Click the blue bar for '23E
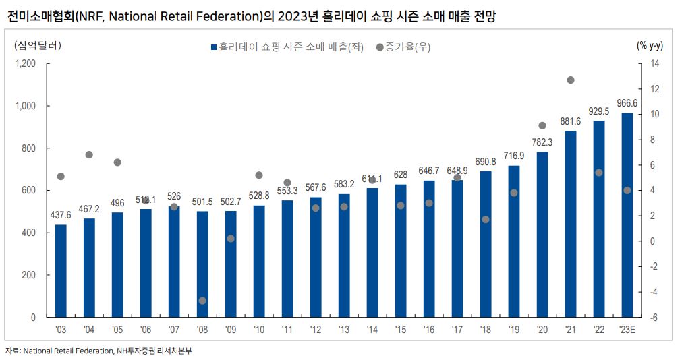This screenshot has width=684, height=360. coord(627,215)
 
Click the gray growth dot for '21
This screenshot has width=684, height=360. coord(570,80)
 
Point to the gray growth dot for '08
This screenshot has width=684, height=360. coord(202,301)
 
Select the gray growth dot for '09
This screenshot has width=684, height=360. coord(231,239)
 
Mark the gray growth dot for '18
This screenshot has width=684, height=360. coord(486,220)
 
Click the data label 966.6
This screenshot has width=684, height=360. coord(627,103)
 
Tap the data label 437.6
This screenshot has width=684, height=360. coord(61,215)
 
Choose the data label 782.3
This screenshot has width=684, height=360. coord(542,142)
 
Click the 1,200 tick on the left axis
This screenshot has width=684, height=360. coord(25,63)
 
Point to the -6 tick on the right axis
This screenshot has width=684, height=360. coord(654,318)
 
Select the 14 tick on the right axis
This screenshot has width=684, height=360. coord(654,63)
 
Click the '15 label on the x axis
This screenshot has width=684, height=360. coord(401,330)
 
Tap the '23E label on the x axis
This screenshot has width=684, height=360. coord(627,330)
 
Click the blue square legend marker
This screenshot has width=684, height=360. coord(214,47)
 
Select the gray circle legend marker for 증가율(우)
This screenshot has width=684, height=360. coord(380,47)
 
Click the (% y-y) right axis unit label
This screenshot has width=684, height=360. coord(650,46)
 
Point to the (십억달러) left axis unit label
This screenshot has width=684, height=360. coord(37,46)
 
